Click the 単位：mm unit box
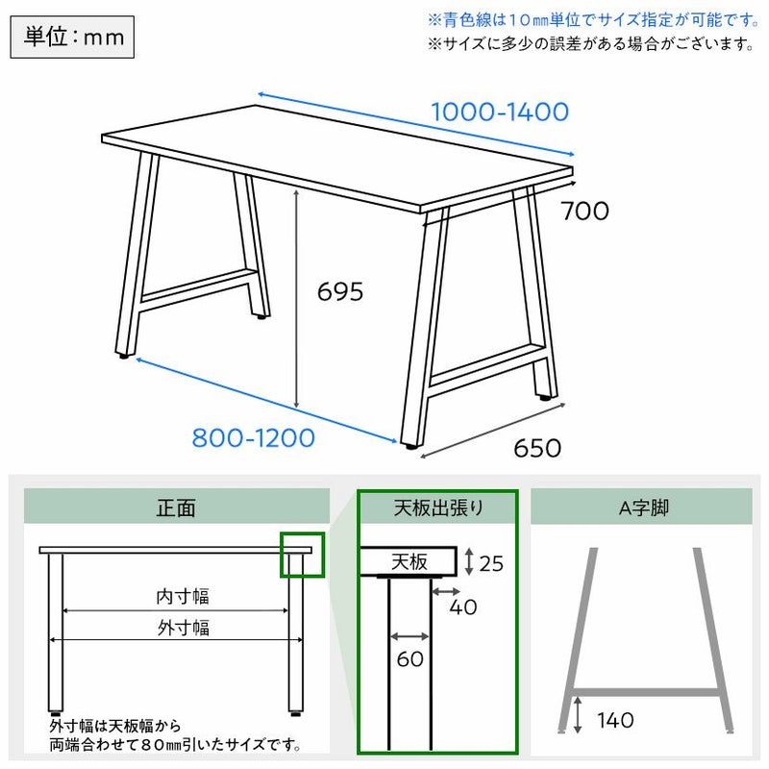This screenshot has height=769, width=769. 72,37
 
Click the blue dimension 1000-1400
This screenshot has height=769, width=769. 500,112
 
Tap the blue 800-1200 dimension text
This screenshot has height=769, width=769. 253,438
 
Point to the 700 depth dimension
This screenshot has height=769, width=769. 585,211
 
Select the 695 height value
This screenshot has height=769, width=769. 340,292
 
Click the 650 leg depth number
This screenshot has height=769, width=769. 537,448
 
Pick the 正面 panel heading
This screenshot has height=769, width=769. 176,508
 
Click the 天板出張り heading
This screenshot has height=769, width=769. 438,508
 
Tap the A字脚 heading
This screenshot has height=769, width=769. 644,509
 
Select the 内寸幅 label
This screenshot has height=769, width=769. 183,596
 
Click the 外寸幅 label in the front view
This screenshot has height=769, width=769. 184,628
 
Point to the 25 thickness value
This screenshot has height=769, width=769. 491,564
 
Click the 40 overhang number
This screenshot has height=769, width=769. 463,608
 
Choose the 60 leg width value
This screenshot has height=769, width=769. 410,658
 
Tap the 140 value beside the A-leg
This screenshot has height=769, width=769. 615,720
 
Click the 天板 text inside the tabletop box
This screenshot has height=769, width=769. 409,561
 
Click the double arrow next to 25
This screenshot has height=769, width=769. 469,561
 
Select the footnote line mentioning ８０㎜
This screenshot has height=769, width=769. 175,745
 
